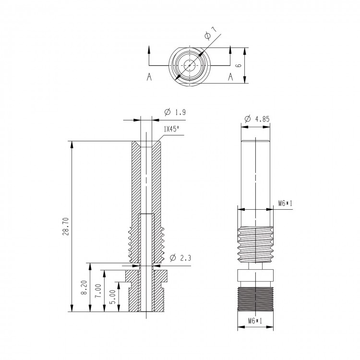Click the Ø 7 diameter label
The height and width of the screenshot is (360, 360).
click(211, 33)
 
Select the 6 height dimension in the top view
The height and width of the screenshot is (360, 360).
click(239, 65)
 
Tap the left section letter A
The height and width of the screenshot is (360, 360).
click(149, 77)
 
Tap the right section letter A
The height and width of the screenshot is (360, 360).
click(230, 77)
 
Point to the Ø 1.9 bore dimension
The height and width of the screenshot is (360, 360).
click(175, 112)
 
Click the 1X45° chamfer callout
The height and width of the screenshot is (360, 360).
click(171, 129)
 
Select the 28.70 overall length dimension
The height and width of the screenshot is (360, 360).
click(65, 227)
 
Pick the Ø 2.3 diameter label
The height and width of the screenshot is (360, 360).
click(180, 258)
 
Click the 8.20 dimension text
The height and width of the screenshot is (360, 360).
click(84, 288)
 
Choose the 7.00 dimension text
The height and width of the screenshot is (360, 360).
click(98, 291)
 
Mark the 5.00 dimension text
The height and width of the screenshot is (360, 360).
click(112, 297)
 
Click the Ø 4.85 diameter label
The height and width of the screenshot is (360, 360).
click(257, 119)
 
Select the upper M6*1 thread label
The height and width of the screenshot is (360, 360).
click(286, 203)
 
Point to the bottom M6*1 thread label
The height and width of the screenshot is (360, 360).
click(255, 321)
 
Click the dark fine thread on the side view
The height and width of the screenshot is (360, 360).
click(255, 299)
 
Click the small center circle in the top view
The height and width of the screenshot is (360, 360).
click(190, 65)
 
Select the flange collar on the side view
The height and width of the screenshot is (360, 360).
click(255, 276)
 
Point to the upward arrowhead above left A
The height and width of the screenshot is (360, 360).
click(149, 49)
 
